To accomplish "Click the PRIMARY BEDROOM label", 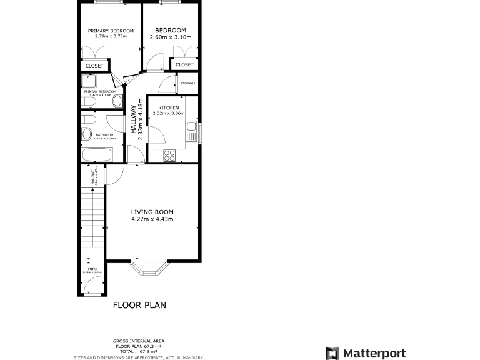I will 111,31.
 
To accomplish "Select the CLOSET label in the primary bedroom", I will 94,66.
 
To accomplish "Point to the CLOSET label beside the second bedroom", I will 184,64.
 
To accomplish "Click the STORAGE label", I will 187,83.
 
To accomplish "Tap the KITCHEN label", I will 169,107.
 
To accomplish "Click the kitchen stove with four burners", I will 169,156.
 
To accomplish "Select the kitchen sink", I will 191,131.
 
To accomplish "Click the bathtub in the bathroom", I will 97,154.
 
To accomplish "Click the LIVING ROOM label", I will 152,212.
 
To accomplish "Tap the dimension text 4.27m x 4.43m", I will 152,219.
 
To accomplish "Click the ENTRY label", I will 92,269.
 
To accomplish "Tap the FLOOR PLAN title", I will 139,306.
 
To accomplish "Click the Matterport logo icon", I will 332,354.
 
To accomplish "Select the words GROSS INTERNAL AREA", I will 139,341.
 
